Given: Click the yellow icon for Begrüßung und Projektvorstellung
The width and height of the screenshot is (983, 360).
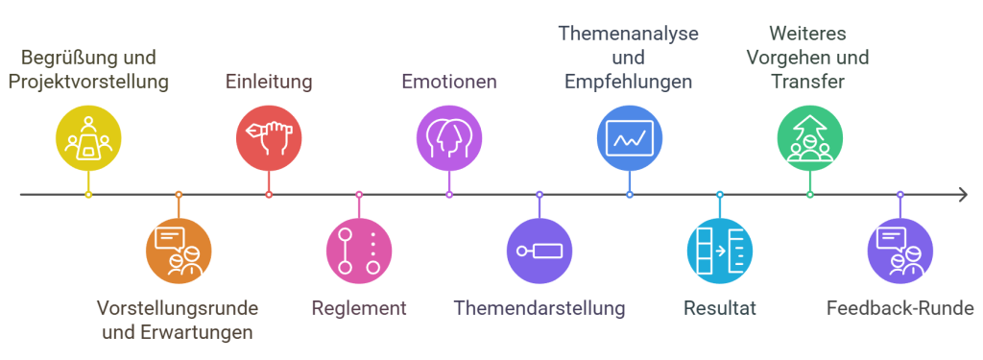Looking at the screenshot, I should (88, 137).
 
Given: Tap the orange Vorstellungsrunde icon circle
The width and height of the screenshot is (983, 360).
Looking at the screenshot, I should (179, 252).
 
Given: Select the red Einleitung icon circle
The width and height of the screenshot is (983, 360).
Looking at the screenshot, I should (269, 137).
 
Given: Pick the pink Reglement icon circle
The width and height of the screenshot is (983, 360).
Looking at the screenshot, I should (359, 252).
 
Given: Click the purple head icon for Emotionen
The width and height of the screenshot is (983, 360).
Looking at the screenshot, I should (449, 137).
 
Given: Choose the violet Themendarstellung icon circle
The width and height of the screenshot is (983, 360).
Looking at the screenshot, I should (539, 252).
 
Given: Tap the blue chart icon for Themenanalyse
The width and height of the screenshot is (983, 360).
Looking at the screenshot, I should (630, 137).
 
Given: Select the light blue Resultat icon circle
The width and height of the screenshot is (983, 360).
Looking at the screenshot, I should (720, 252).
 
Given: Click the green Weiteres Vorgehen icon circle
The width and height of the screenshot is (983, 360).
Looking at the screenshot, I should (810, 137).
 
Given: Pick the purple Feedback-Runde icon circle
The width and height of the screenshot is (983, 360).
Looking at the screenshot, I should (900, 252).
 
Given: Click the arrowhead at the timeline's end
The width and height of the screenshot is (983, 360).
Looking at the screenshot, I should (962, 195).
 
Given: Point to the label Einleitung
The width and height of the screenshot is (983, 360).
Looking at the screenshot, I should (269, 82).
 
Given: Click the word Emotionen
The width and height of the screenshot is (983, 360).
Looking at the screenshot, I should (449, 82).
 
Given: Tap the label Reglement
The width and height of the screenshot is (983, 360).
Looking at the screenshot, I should (359, 309).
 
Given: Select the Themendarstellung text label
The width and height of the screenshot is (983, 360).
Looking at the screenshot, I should (539, 309).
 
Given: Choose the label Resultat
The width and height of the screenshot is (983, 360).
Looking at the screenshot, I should (720, 309).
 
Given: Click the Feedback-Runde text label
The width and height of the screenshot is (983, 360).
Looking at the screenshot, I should (900, 309).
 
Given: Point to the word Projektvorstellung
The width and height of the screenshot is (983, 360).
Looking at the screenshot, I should (88, 82).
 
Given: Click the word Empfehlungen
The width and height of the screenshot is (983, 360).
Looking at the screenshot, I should (629, 82).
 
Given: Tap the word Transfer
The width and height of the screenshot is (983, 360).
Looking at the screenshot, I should (808, 82).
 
